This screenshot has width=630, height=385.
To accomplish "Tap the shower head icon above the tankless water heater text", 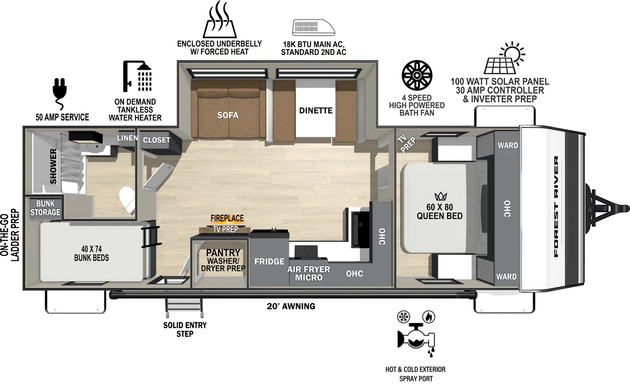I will (x=137, y=76).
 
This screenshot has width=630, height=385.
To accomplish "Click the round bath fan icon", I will (x=417, y=76).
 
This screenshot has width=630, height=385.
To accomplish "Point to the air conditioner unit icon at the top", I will (x=313, y=28).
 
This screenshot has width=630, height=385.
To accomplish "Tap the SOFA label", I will (x=228, y=115).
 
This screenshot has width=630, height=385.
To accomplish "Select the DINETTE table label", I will (x=316, y=111).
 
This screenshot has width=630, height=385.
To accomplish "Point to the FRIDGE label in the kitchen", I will (x=269, y=262).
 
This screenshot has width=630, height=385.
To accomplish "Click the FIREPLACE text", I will (x=227, y=218).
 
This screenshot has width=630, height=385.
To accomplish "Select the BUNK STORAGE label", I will (x=45, y=208).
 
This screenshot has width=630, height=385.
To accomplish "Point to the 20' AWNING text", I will (x=291, y=306).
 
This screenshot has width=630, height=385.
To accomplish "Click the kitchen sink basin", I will (x=360, y=228).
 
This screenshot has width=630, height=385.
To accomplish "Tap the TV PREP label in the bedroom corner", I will (x=406, y=143).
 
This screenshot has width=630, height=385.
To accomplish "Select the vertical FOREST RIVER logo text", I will (x=556, y=206).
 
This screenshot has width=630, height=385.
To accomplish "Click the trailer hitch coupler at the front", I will (x=622, y=207).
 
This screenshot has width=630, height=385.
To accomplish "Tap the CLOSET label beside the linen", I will (x=156, y=140).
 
